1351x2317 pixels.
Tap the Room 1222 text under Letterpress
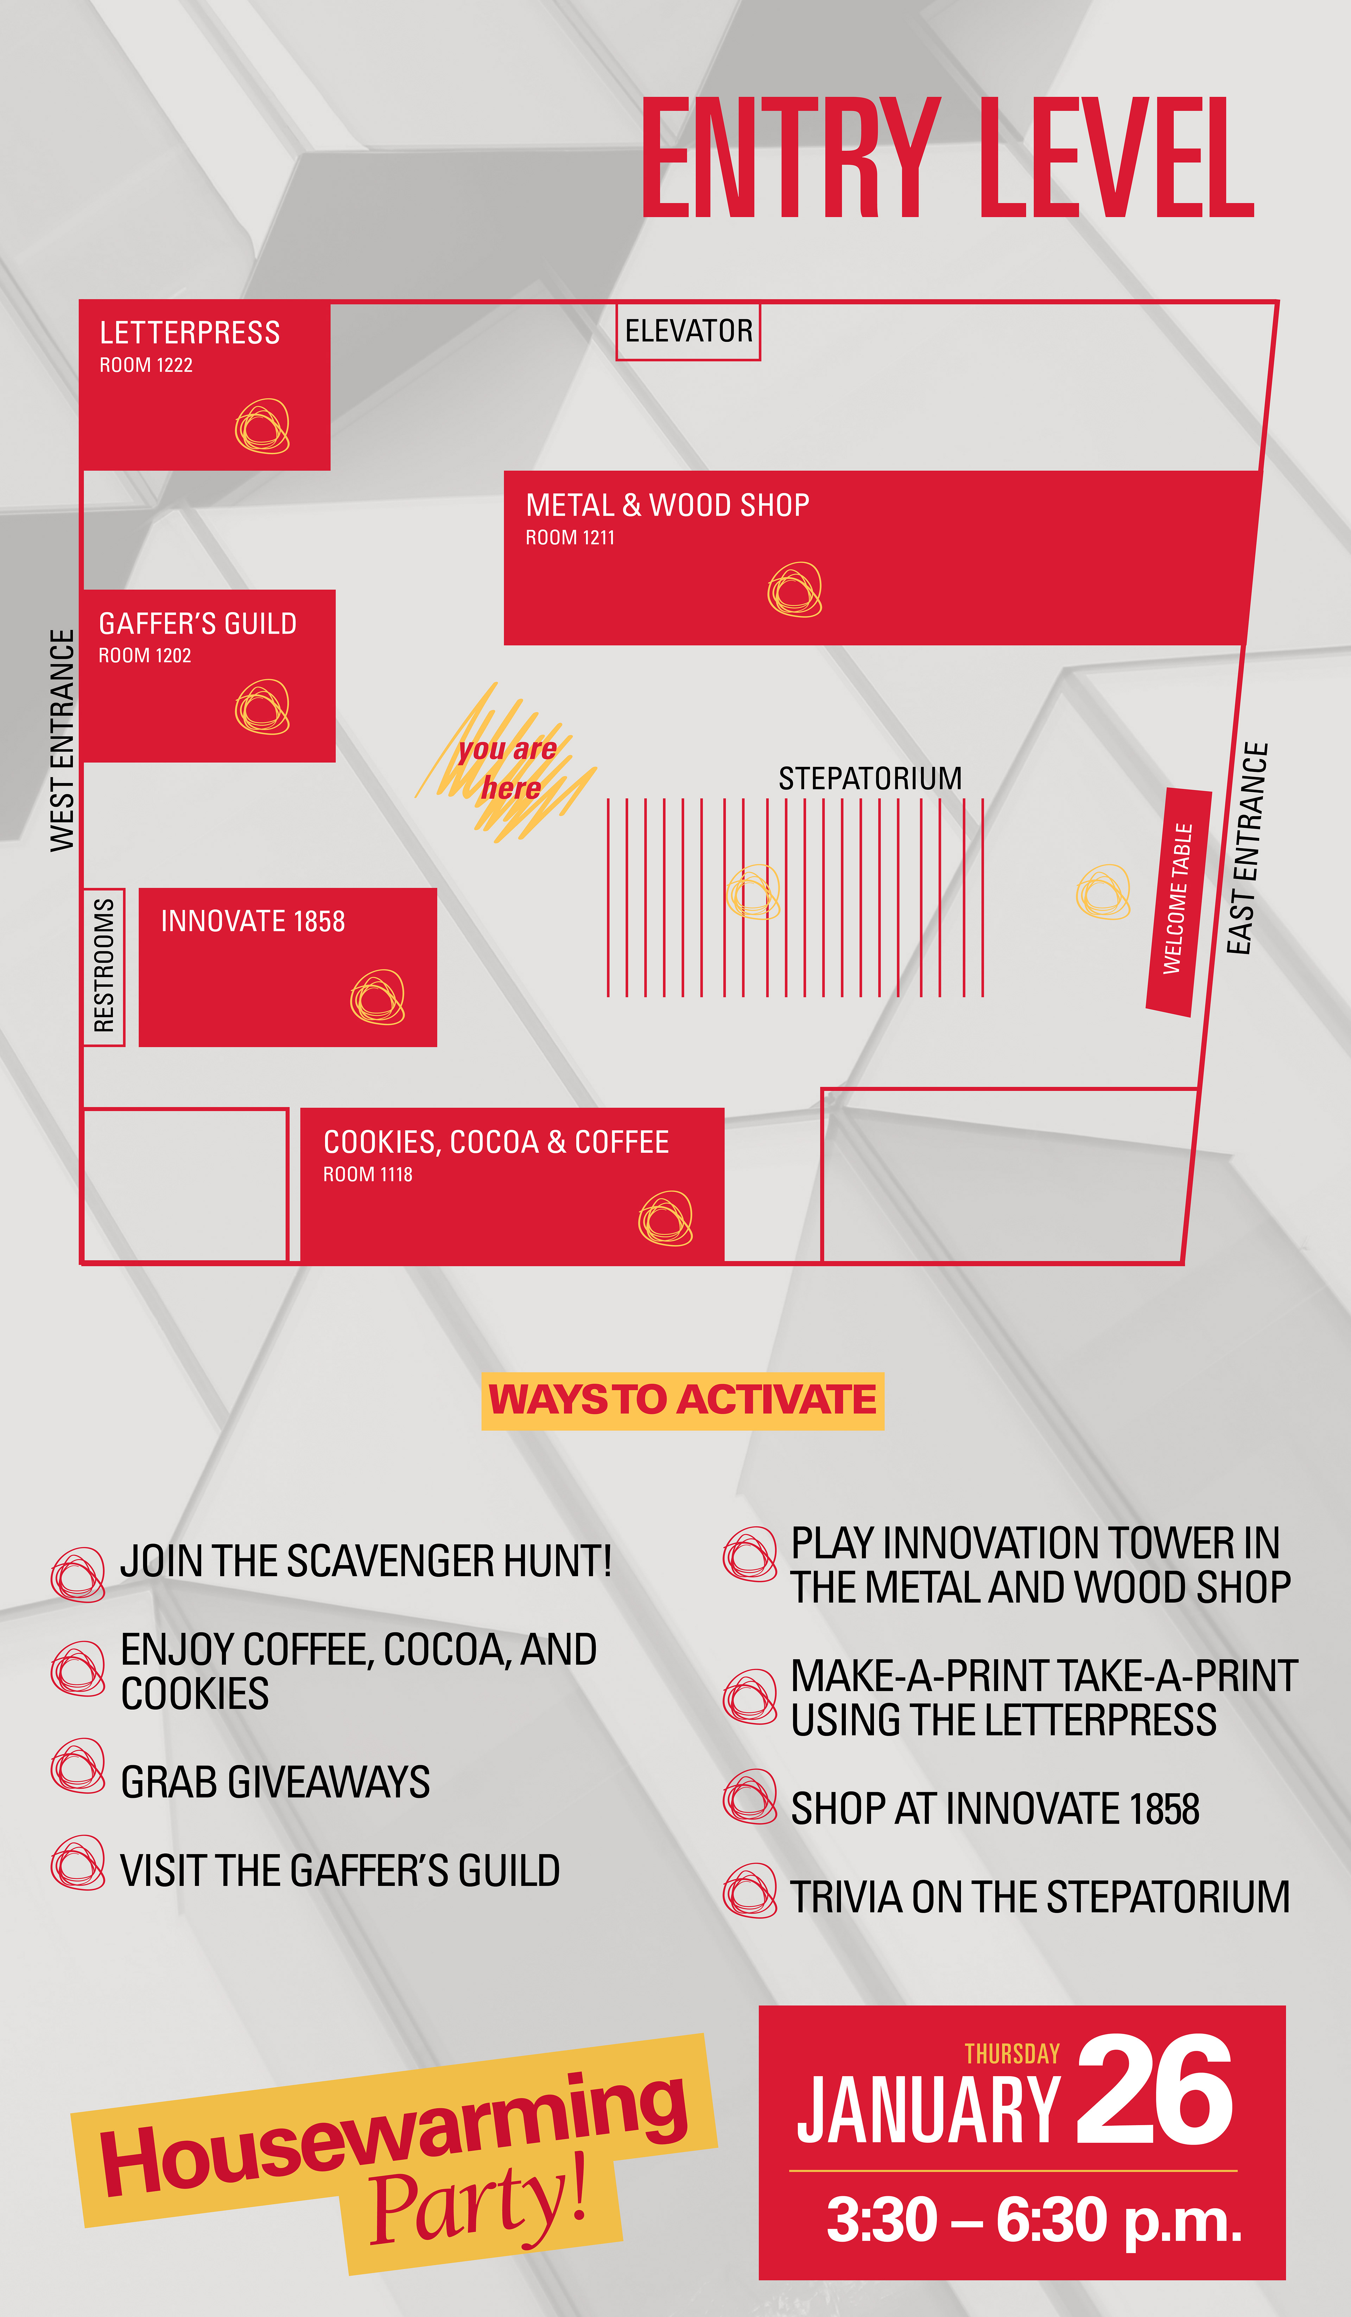(146, 365)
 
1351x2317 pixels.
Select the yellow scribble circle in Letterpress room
(262, 427)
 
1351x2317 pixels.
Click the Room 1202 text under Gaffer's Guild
(145, 656)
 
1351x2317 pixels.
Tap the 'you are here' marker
(507, 769)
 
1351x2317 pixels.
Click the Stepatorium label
(869, 779)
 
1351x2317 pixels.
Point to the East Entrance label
(1247, 848)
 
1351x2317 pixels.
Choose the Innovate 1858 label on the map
(253, 921)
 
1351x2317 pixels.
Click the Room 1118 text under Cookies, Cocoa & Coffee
(368, 1174)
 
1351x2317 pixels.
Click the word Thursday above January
(1012, 2054)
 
